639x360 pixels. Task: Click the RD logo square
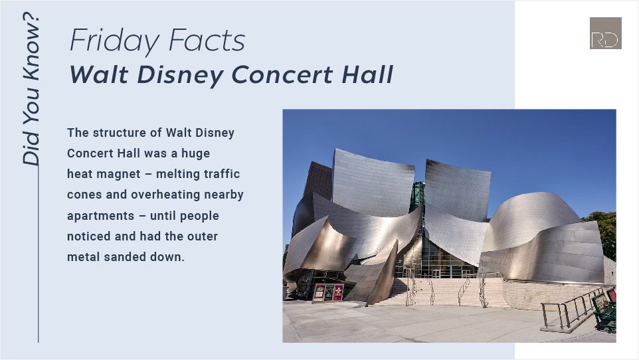pyautogui.click(x=606, y=33)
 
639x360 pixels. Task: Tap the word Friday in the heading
pyautogui.click(x=114, y=41)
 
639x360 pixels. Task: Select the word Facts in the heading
pyautogui.click(x=207, y=40)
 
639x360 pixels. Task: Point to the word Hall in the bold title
pyautogui.click(x=367, y=74)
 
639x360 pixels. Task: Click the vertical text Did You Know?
pyautogui.click(x=31, y=89)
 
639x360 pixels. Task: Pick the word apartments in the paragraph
pyautogui.click(x=101, y=216)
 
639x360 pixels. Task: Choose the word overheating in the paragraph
pyautogui.click(x=165, y=195)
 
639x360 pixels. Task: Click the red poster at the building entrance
pyautogui.click(x=338, y=292)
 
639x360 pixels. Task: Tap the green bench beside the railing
pyautogui.click(x=604, y=311)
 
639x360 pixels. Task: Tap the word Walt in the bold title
pyautogui.click(x=99, y=74)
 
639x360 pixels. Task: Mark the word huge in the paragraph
pyautogui.click(x=195, y=154)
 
